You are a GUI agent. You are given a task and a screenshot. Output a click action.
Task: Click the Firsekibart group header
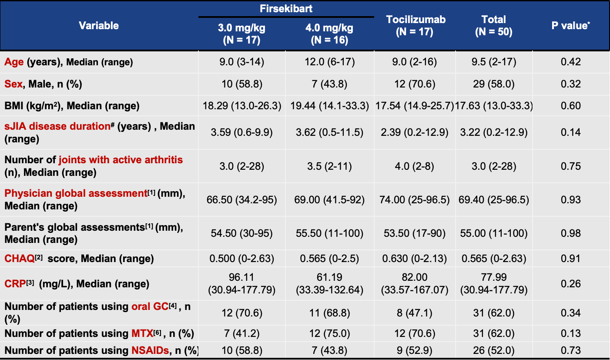click(286, 9)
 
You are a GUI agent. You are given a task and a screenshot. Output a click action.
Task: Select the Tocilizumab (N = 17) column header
click(416, 26)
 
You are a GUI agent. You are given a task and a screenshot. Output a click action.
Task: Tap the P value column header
click(570, 26)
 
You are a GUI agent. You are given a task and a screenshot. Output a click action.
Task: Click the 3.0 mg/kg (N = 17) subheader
click(241, 34)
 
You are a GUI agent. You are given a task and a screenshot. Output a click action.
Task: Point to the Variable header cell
click(99, 26)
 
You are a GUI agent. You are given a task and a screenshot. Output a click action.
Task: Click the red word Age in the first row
click(14, 62)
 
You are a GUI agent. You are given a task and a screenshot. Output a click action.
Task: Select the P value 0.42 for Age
click(571, 62)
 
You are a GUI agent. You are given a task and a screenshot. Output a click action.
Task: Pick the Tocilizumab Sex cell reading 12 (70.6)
click(416, 84)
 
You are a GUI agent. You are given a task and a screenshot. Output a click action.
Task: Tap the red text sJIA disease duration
click(57, 126)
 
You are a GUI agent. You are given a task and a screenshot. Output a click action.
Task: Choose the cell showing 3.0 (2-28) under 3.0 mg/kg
click(241, 166)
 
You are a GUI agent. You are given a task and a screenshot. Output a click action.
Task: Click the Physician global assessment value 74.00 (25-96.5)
click(416, 200)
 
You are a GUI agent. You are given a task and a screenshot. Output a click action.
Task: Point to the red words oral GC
click(150, 306)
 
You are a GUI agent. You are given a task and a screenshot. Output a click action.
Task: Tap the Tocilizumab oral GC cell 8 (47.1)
click(416, 312)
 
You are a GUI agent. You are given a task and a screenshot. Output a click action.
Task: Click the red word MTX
click(142, 334)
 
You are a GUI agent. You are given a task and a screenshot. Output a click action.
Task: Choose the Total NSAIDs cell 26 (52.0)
click(494, 350)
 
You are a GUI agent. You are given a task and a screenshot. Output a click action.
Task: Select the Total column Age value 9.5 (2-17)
click(494, 62)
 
